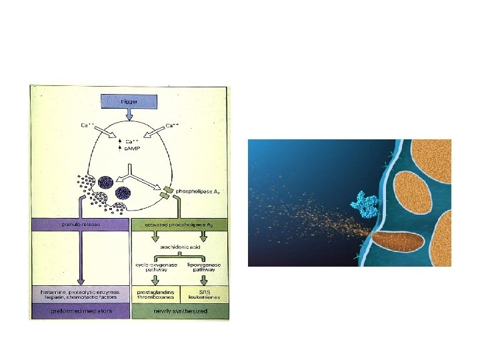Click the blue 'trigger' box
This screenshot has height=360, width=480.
pyautogui.click(x=129, y=101)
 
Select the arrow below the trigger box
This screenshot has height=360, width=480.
pyautogui.click(x=129, y=115)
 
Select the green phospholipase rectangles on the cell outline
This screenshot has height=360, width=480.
pyautogui.click(x=166, y=194)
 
